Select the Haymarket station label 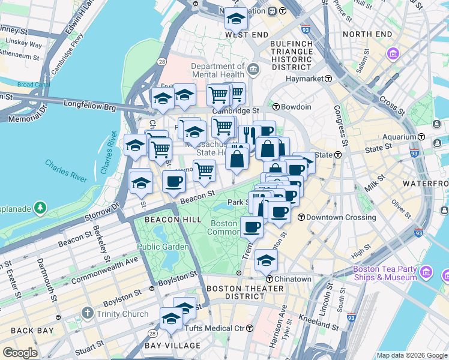coord(305,79)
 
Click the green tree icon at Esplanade coord(40,208)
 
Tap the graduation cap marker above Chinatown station coord(266,260)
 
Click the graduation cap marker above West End coord(236,18)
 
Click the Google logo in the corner coord(20,353)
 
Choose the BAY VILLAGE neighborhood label coord(172,346)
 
